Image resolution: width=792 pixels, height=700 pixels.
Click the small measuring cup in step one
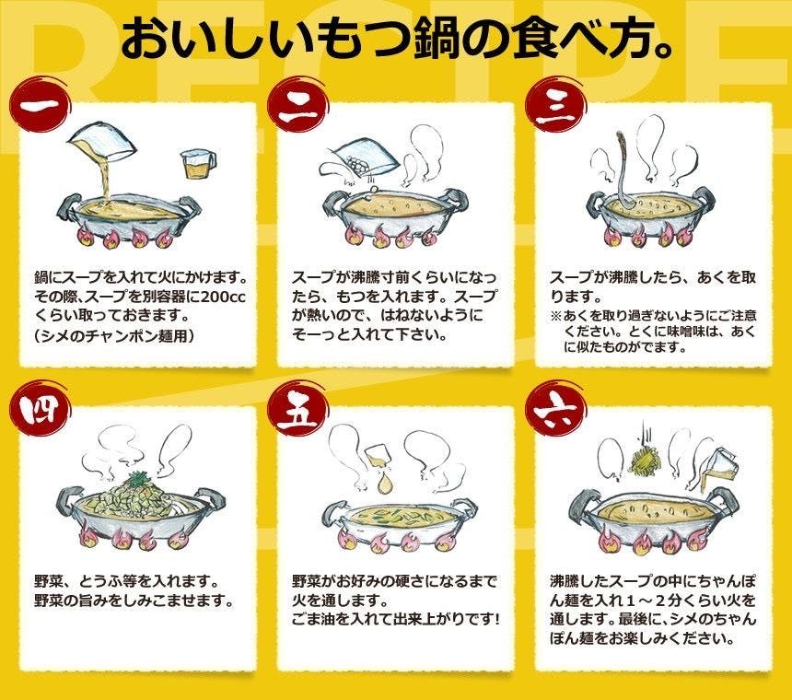coord(199,164)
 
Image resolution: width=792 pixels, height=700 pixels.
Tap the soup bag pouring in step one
coord(102,145)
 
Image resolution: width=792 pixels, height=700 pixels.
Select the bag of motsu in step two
coord(360,160)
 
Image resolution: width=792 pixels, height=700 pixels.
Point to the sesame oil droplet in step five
coord(385,482)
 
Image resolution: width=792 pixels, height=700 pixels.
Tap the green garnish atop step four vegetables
coord(139,477)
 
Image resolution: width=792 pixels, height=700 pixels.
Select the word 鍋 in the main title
coord(437,38)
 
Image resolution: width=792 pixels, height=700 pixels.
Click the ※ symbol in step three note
coord(555,316)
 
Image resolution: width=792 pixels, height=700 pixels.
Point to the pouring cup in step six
coord(719,467)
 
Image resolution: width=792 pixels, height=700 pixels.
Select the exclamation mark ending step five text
coord(497,619)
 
